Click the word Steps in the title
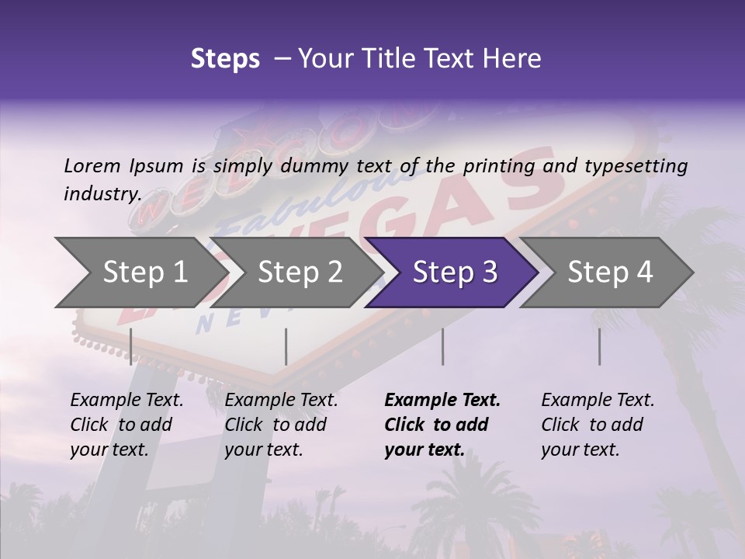point(225,59)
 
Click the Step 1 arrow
point(144,273)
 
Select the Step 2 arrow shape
point(300,273)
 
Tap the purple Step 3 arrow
point(455,273)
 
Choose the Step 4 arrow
point(610,273)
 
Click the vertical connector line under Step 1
point(131,346)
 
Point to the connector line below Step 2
point(286,346)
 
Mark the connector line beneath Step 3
point(443,346)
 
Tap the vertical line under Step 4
point(600,346)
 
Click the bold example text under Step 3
point(442,425)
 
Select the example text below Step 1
point(126,425)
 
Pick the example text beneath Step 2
point(281,425)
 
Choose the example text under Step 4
point(598,425)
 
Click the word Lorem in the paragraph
point(92,166)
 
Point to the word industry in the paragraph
point(102,194)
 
